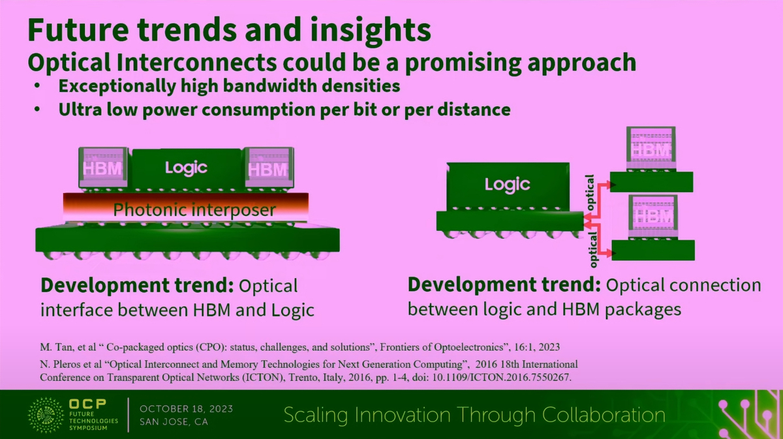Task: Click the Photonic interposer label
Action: (x=194, y=210)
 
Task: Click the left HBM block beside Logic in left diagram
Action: (x=99, y=168)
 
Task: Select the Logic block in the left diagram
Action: (x=186, y=168)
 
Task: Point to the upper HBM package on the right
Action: (x=652, y=151)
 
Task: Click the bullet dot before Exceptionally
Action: (x=40, y=87)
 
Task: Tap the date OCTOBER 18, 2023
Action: (x=187, y=408)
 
